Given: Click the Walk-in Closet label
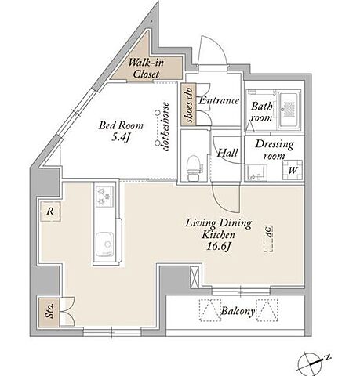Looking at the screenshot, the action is click(146, 68).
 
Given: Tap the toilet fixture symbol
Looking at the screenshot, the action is click(194, 168).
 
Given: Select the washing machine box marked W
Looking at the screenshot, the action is click(293, 170).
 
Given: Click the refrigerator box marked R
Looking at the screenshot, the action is click(51, 211).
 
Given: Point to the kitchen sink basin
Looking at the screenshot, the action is click(104, 244).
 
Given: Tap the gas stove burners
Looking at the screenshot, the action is click(104, 197).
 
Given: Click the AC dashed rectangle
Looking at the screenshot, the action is click(268, 239).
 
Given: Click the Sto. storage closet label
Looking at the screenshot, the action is click(49, 311).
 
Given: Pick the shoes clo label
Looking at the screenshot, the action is click(189, 105).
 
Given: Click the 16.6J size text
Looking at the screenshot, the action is click(218, 247).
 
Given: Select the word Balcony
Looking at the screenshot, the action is click(238, 311).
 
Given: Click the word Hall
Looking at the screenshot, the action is click(227, 153).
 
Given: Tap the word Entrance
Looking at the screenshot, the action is click(219, 100).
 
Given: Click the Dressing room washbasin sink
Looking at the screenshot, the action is click(256, 172).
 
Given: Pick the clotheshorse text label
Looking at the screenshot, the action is click(165, 127).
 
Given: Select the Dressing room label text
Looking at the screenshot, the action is click(275, 150).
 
